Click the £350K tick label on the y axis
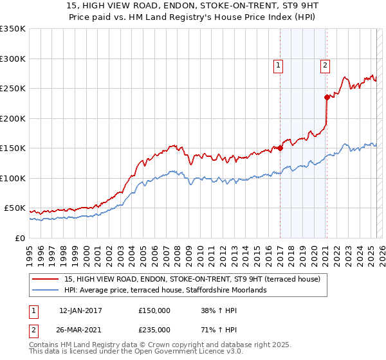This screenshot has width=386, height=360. tap(12, 29)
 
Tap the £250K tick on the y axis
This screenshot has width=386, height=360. tap(12, 89)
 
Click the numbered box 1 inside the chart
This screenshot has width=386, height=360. tap(279, 64)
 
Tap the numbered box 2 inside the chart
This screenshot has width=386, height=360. tap(326, 64)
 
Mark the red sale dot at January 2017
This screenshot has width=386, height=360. tap(280, 148)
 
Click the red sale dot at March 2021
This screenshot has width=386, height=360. tap(327, 97)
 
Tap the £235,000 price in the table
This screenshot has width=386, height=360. tap(154, 329)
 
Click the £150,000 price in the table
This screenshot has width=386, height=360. tap(154, 310)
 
